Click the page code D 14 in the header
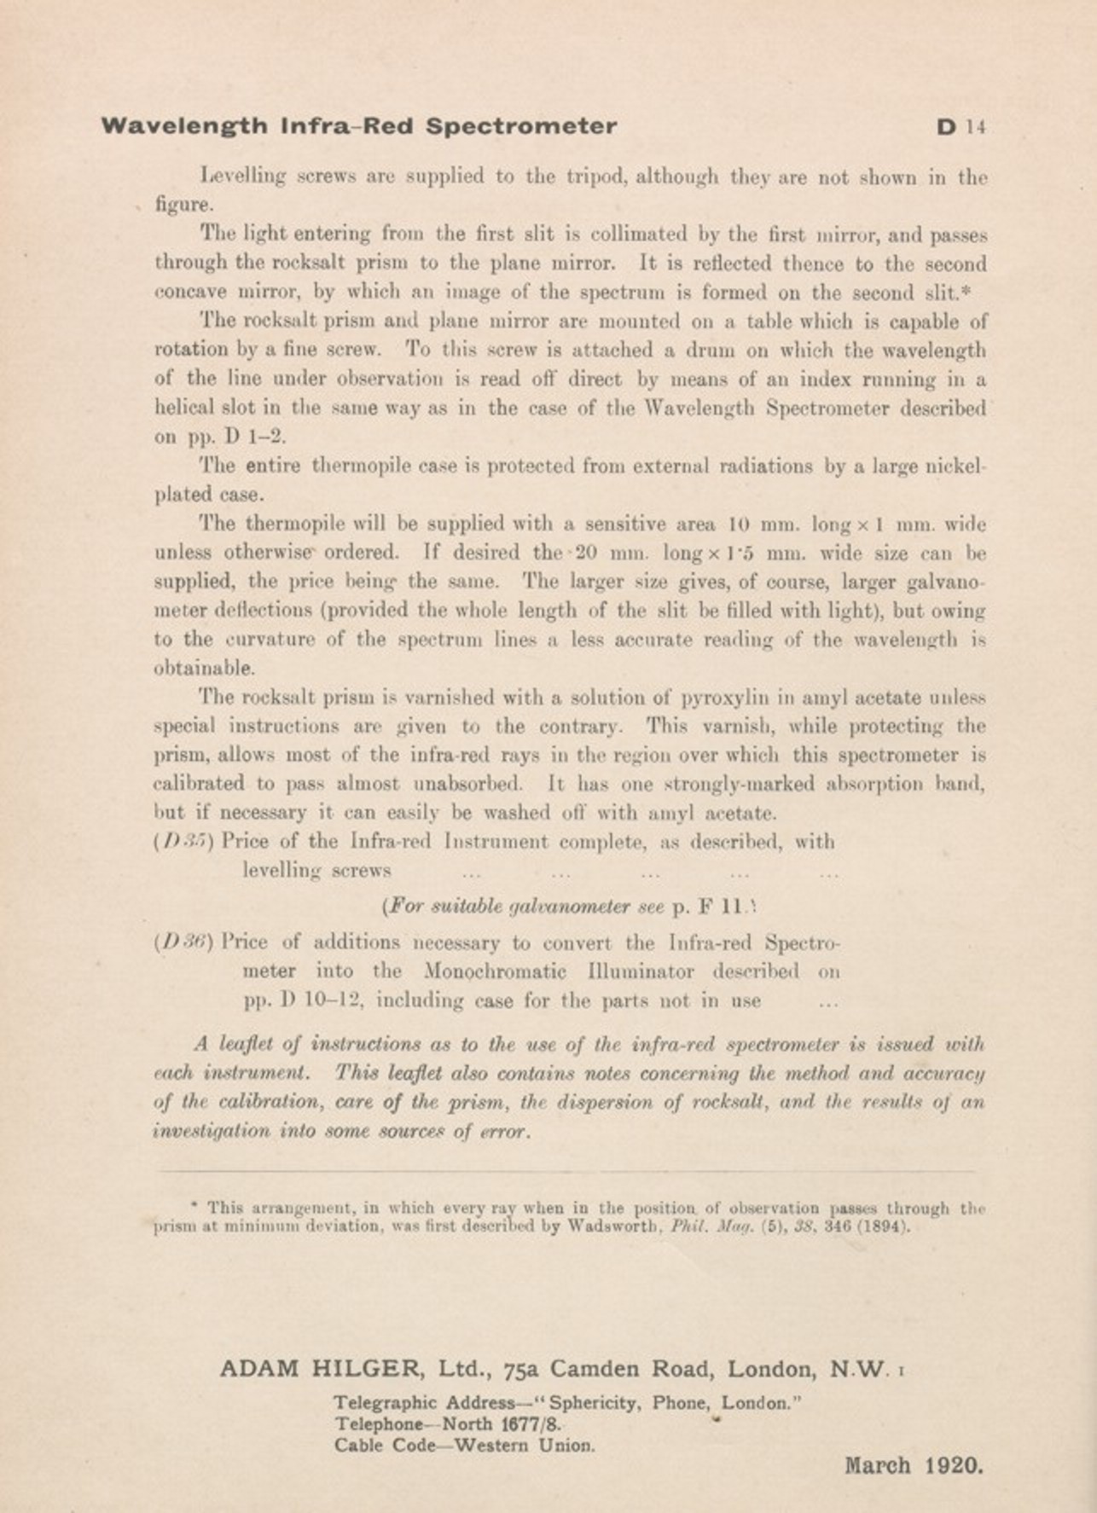tap(961, 127)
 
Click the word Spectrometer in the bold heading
tap(520, 126)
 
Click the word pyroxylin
tap(726, 698)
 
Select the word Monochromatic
tap(495, 971)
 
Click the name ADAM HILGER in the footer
tap(321, 1369)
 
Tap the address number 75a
tap(520, 1370)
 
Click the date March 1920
tap(914, 1466)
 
